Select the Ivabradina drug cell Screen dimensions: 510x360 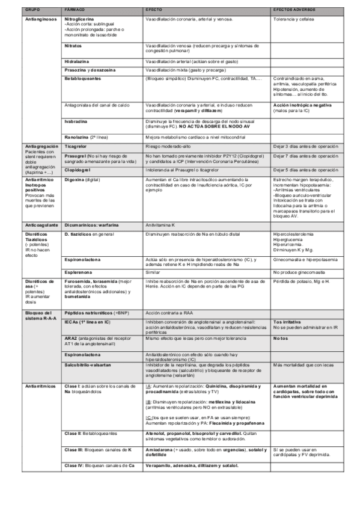76,121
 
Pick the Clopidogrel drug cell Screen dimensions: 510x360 79,170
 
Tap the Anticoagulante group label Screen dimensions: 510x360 41,225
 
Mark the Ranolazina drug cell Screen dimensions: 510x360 87,138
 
